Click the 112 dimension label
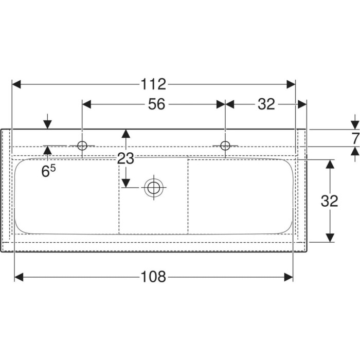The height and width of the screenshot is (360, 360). (x=153, y=84)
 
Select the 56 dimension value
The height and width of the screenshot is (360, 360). (x=156, y=104)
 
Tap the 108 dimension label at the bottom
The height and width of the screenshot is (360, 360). (x=153, y=277)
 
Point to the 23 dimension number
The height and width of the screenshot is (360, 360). (x=125, y=158)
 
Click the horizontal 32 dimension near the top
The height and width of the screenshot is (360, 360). (x=266, y=104)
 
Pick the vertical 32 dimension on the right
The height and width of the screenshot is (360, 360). (x=330, y=201)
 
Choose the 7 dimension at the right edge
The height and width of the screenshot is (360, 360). (x=355, y=139)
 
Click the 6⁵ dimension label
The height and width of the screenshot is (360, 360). (x=48, y=171)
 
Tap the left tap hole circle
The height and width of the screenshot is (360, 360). (x=82, y=146)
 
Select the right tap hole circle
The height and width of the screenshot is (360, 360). (x=225, y=146)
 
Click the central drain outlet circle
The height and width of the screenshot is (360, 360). (x=154, y=188)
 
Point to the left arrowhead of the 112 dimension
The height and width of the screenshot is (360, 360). (x=16, y=84)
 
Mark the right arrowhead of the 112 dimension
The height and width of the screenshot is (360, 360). (x=291, y=84)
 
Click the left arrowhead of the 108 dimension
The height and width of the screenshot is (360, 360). (x=19, y=277)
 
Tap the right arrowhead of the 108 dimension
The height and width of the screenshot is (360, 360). (x=289, y=277)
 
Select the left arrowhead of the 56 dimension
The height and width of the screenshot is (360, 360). (x=87, y=104)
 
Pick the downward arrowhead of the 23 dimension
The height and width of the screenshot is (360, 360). (x=126, y=183)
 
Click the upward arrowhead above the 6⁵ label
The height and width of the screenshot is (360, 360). (x=47, y=150)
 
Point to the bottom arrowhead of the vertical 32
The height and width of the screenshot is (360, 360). (x=330, y=238)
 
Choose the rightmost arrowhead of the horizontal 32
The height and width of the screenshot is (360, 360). (x=302, y=104)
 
